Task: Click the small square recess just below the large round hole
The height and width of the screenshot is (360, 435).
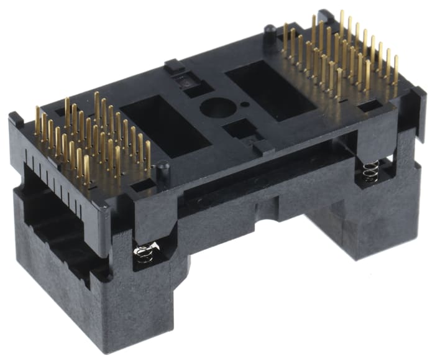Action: click(236, 130)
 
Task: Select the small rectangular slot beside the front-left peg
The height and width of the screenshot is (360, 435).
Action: click(142, 185)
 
